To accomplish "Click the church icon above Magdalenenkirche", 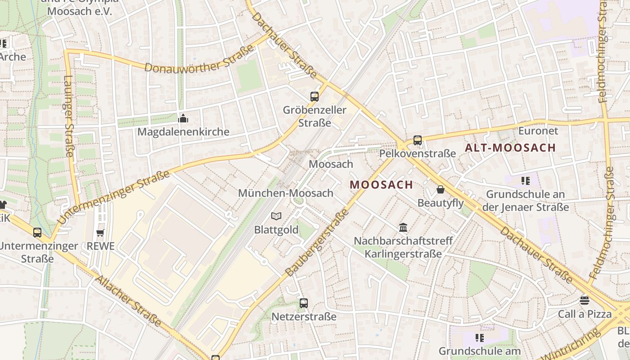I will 183,118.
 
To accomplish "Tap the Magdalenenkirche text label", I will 183,132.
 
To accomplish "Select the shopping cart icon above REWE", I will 100,233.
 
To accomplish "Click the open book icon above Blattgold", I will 276,216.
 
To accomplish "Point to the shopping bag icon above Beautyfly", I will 441,190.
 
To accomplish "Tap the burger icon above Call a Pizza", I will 585,300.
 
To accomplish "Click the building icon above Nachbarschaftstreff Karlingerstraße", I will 403,227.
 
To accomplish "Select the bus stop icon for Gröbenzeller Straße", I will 315,96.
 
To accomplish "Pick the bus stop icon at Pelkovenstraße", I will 418,140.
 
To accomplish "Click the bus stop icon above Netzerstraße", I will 304,303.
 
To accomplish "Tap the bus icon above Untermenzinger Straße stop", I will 37,233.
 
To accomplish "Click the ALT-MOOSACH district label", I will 510,148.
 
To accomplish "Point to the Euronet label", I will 538,131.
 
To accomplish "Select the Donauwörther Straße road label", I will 199,59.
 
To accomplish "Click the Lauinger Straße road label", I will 68,116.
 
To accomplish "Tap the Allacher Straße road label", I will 128,301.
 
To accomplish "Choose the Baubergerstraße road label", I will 317,243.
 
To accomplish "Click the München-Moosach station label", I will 286,193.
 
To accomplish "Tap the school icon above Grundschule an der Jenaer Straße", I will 525,181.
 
